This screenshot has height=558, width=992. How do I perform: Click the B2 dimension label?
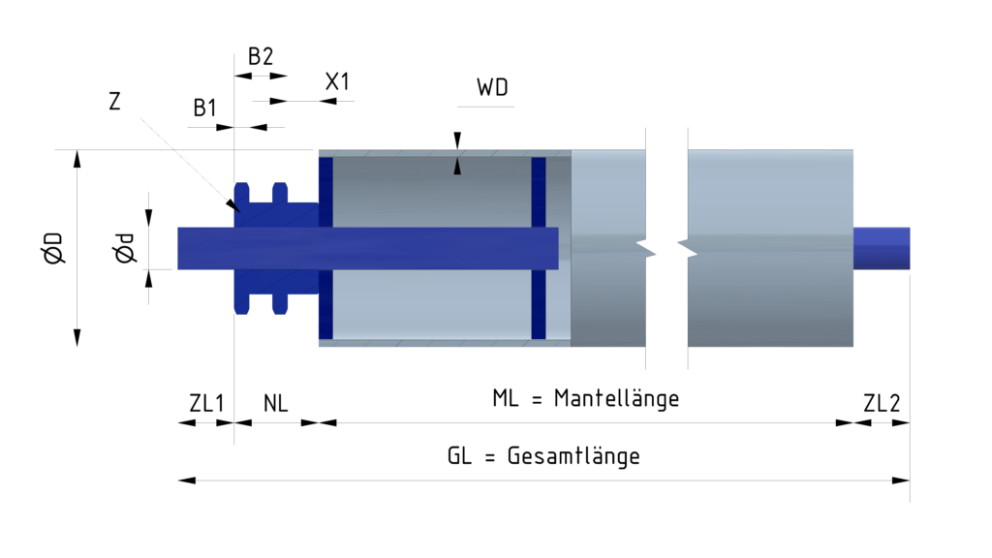pyautogui.click(x=261, y=56)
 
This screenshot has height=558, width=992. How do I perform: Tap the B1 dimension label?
pyautogui.click(x=204, y=108)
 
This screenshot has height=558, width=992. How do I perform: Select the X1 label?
pyautogui.click(x=336, y=81)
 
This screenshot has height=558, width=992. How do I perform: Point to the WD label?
pyautogui.click(x=492, y=88)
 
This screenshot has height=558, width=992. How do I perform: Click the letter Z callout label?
pyautogui.click(x=114, y=101)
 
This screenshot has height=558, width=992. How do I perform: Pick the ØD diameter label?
pyautogui.click(x=52, y=248)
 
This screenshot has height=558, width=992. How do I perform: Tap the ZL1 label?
pyautogui.click(x=206, y=403)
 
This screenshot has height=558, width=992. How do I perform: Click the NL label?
pyautogui.click(x=276, y=403)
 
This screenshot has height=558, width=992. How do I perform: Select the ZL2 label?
pyautogui.click(x=882, y=403)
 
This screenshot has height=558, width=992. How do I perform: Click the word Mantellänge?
pyautogui.click(x=616, y=398)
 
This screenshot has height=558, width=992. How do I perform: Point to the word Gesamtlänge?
pyautogui.click(x=573, y=456)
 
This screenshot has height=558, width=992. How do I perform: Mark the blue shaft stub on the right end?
pyautogui.click(x=881, y=248)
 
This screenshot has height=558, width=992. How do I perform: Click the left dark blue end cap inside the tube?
pyautogui.click(x=325, y=248)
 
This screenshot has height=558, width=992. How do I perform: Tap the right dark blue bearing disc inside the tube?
pyautogui.click(x=539, y=248)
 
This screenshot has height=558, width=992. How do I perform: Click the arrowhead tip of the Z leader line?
pyautogui.click(x=235, y=207)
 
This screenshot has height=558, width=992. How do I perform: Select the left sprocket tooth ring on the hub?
pyautogui.click(x=242, y=248)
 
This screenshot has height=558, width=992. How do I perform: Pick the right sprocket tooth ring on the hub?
pyautogui.click(x=280, y=248)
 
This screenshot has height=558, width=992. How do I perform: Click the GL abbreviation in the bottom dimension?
pyautogui.click(x=459, y=456)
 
